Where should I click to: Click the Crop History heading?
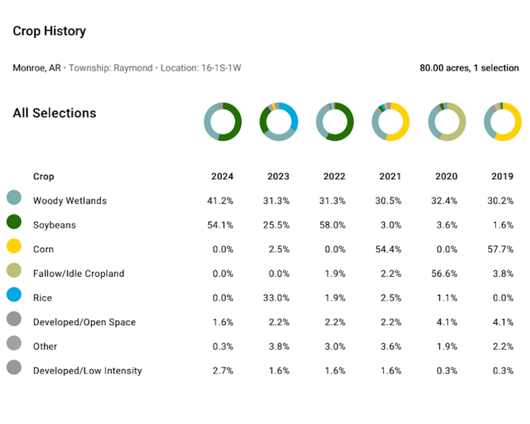(x=49, y=31)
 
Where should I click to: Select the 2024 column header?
(x=222, y=177)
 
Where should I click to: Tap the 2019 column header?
(x=502, y=177)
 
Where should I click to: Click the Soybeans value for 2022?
(x=335, y=225)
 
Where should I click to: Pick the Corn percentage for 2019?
(x=502, y=249)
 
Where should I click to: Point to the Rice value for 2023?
(x=278, y=298)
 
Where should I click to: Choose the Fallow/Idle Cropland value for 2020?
(x=447, y=274)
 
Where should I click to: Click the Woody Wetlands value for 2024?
(x=222, y=201)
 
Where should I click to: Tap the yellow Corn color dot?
(x=14, y=246)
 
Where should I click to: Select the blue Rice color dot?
(x=14, y=295)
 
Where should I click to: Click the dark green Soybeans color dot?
(x=14, y=222)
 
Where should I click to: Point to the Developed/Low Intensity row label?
(x=87, y=371)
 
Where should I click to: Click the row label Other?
(x=45, y=347)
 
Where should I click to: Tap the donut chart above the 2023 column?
(x=279, y=122)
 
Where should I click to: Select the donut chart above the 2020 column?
(x=447, y=122)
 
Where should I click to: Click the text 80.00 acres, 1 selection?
(x=469, y=68)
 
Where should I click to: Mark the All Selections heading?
(x=54, y=113)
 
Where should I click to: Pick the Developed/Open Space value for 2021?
(x=390, y=322)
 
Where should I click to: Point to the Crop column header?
(x=43, y=177)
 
